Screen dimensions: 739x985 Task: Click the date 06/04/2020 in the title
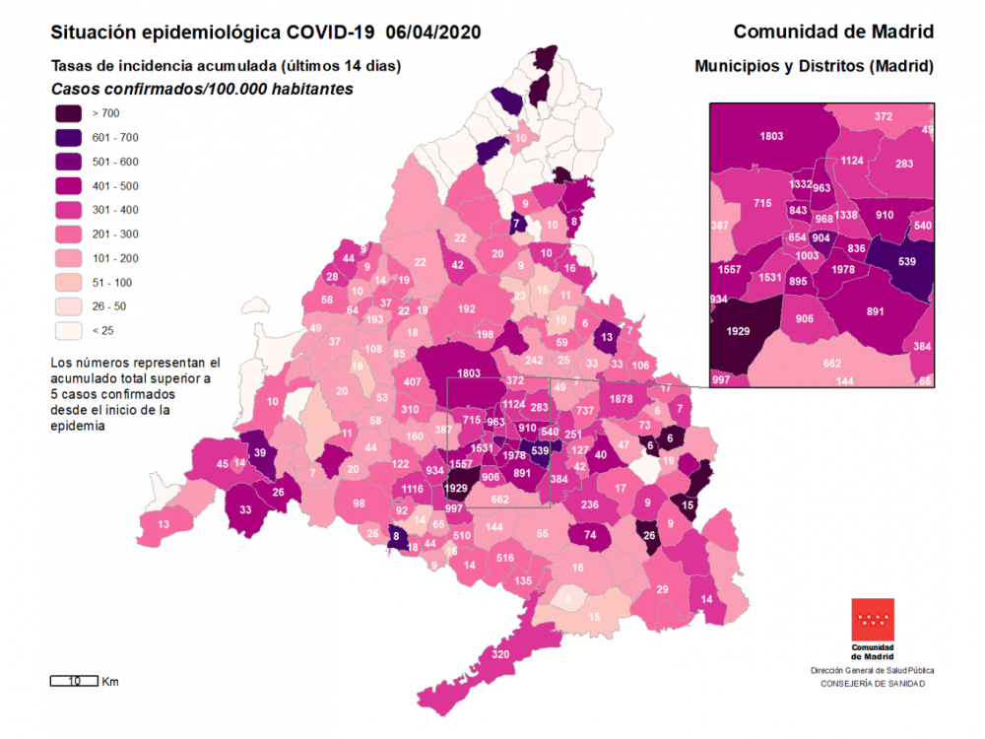pyautogui.click(x=433, y=32)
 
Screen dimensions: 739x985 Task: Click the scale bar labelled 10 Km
pyautogui.click(x=74, y=681)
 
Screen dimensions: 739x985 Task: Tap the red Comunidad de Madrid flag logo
pyautogui.click(x=874, y=622)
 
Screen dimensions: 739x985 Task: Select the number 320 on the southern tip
pyautogui.click(x=499, y=655)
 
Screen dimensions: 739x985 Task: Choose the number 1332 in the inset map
pyautogui.click(x=801, y=184)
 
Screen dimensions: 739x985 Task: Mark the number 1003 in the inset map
pyautogui.click(x=807, y=255)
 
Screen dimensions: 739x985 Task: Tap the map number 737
pyautogui.click(x=585, y=411)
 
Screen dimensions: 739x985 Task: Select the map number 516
pyautogui.click(x=504, y=558)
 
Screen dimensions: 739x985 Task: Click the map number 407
pyautogui.click(x=413, y=381)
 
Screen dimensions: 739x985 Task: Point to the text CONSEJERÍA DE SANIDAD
pyautogui.click(x=873, y=681)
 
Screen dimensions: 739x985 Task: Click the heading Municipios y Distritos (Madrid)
pyautogui.click(x=814, y=67)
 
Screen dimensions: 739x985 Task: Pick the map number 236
pyautogui.click(x=589, y=504)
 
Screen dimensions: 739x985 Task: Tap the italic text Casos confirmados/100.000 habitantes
pyautogui.click(x=202, y=89)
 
